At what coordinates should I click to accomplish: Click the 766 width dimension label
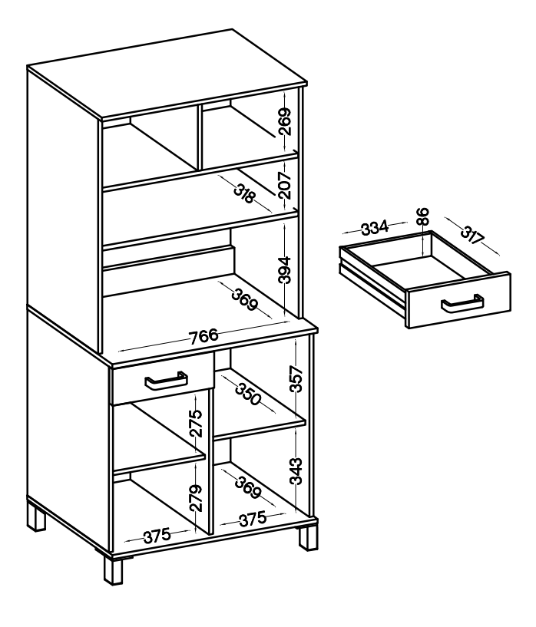click(204, 336)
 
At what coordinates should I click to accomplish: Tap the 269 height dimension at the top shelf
click(285, 121)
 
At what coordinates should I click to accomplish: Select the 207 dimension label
click(284, 185)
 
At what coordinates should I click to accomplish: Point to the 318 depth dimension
click(244, 193)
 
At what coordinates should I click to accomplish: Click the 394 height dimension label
click(284, 270)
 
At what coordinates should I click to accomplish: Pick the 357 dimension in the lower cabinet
click(296, 378)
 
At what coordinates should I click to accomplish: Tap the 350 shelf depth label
click(248, 394)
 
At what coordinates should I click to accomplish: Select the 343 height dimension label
click(296, 471)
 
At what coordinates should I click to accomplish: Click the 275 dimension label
click(196, 423)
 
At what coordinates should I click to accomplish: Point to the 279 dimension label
click(195, 498)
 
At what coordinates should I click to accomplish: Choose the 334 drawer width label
click(375, 227)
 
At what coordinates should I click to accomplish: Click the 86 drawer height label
click(423, 216)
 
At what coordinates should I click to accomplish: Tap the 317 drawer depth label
click(472, 235)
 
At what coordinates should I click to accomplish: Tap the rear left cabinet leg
click(36, 517)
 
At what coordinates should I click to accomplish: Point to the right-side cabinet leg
click(309, 538)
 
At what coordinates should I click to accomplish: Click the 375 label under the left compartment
click(157, 536)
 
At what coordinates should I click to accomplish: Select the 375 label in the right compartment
click(253, 519)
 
